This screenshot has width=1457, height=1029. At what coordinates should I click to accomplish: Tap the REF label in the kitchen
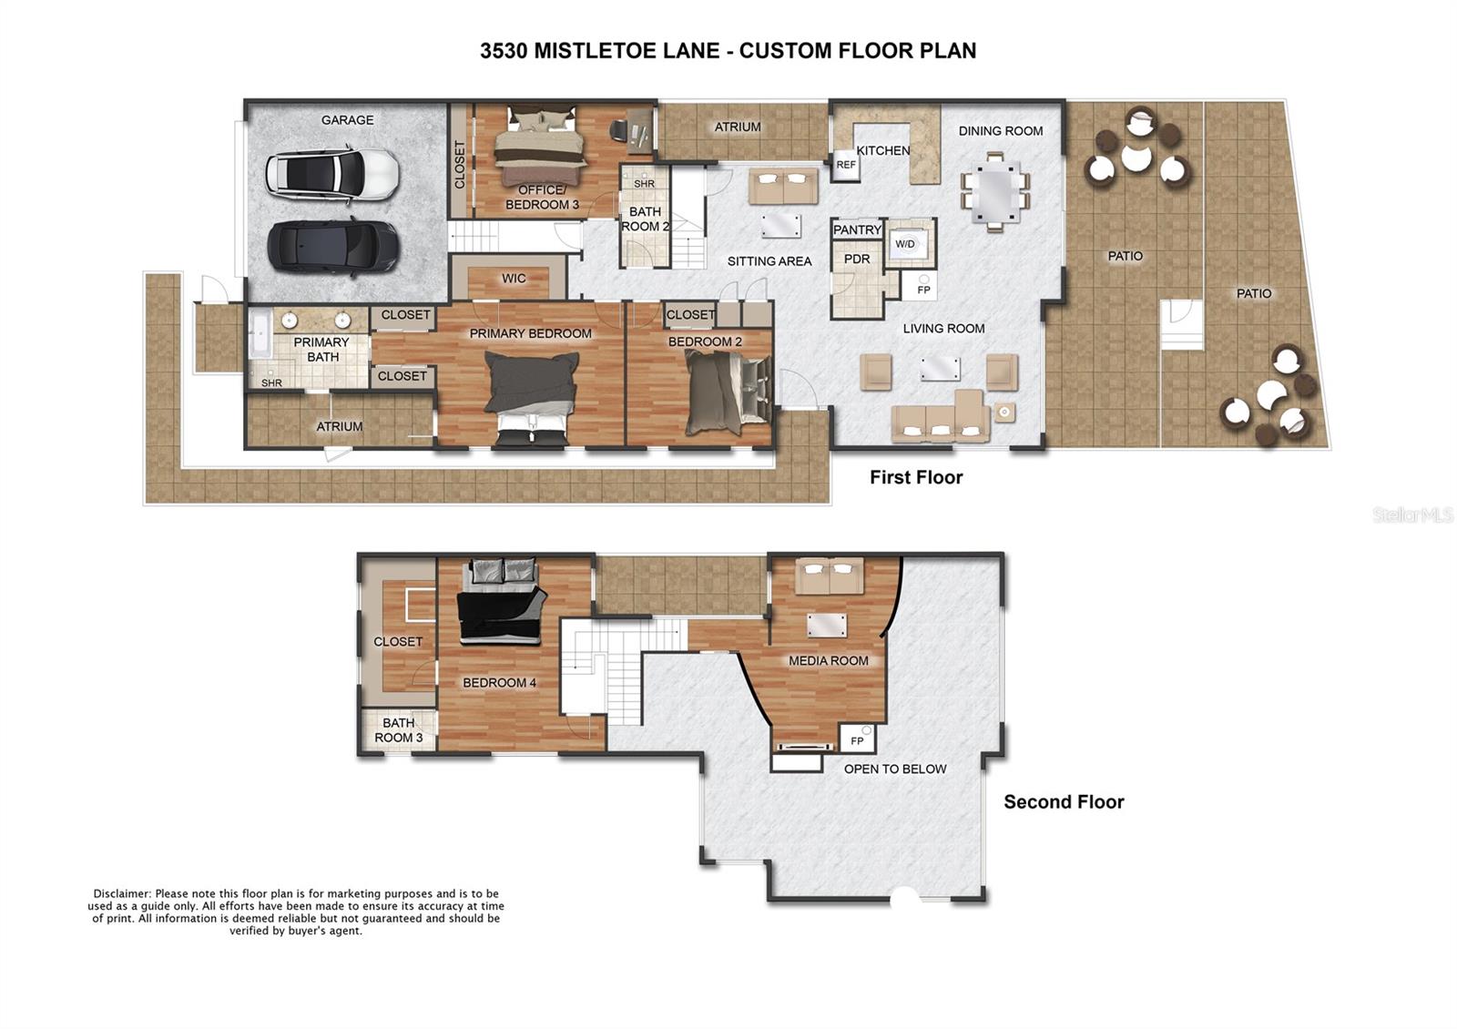846,165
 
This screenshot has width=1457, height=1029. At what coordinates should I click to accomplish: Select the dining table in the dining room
994,192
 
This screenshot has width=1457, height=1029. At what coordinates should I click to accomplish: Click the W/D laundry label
905,244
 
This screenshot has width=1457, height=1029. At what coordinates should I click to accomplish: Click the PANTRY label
857,230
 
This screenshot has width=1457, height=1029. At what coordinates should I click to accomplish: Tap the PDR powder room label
857,260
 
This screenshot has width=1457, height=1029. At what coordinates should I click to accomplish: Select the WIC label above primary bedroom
514,279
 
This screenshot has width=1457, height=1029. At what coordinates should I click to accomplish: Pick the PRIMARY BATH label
321,350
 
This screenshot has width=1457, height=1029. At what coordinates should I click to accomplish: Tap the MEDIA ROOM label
828,661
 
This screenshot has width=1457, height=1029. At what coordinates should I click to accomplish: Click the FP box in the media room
857,740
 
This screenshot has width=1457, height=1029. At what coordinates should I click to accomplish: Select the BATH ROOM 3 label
399,730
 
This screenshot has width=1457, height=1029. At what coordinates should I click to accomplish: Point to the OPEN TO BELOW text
895,769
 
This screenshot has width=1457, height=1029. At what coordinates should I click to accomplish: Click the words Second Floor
1064,802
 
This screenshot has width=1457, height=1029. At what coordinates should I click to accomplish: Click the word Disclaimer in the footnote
122,894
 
